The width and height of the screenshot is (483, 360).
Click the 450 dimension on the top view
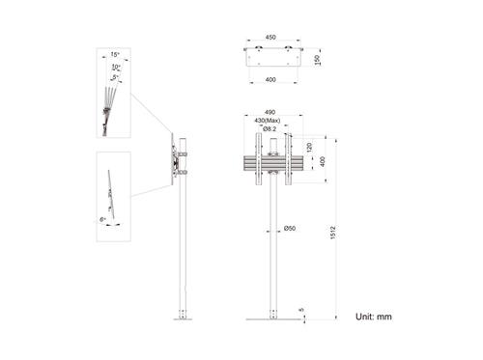[270, 38]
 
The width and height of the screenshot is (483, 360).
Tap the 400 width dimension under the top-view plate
[270, 80]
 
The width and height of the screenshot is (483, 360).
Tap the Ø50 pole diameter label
[289, 228]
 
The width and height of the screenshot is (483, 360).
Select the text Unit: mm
[373, 316]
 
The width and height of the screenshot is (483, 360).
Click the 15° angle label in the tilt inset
[116, 55]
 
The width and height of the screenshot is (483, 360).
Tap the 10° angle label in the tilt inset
[116, 67]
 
